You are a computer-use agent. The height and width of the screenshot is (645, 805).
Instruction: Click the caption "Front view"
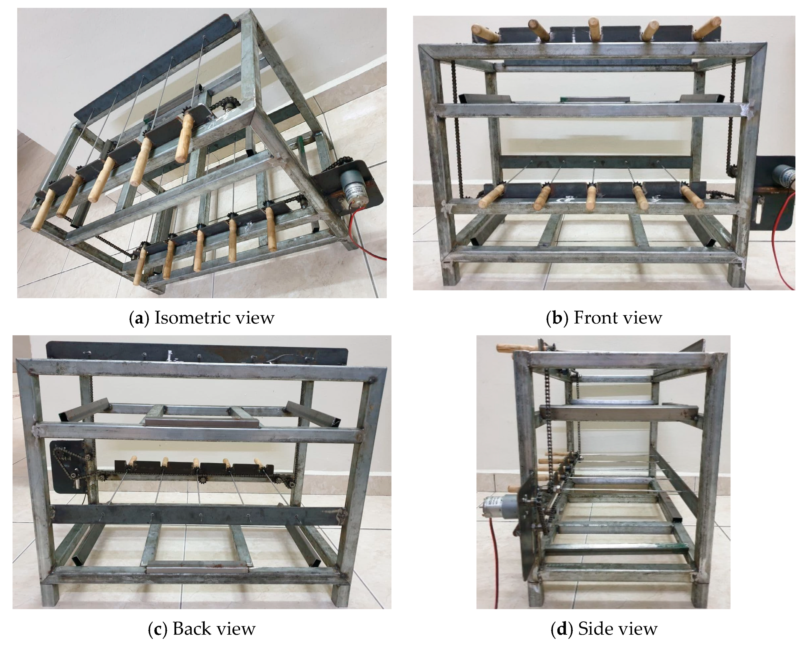tap(618, 318)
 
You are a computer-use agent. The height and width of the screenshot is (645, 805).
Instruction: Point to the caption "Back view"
tap(214, 629)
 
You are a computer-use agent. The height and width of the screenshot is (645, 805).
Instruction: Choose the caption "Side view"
tap(618, 629)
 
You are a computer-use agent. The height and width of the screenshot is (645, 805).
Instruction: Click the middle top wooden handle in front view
tap(594, 28)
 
